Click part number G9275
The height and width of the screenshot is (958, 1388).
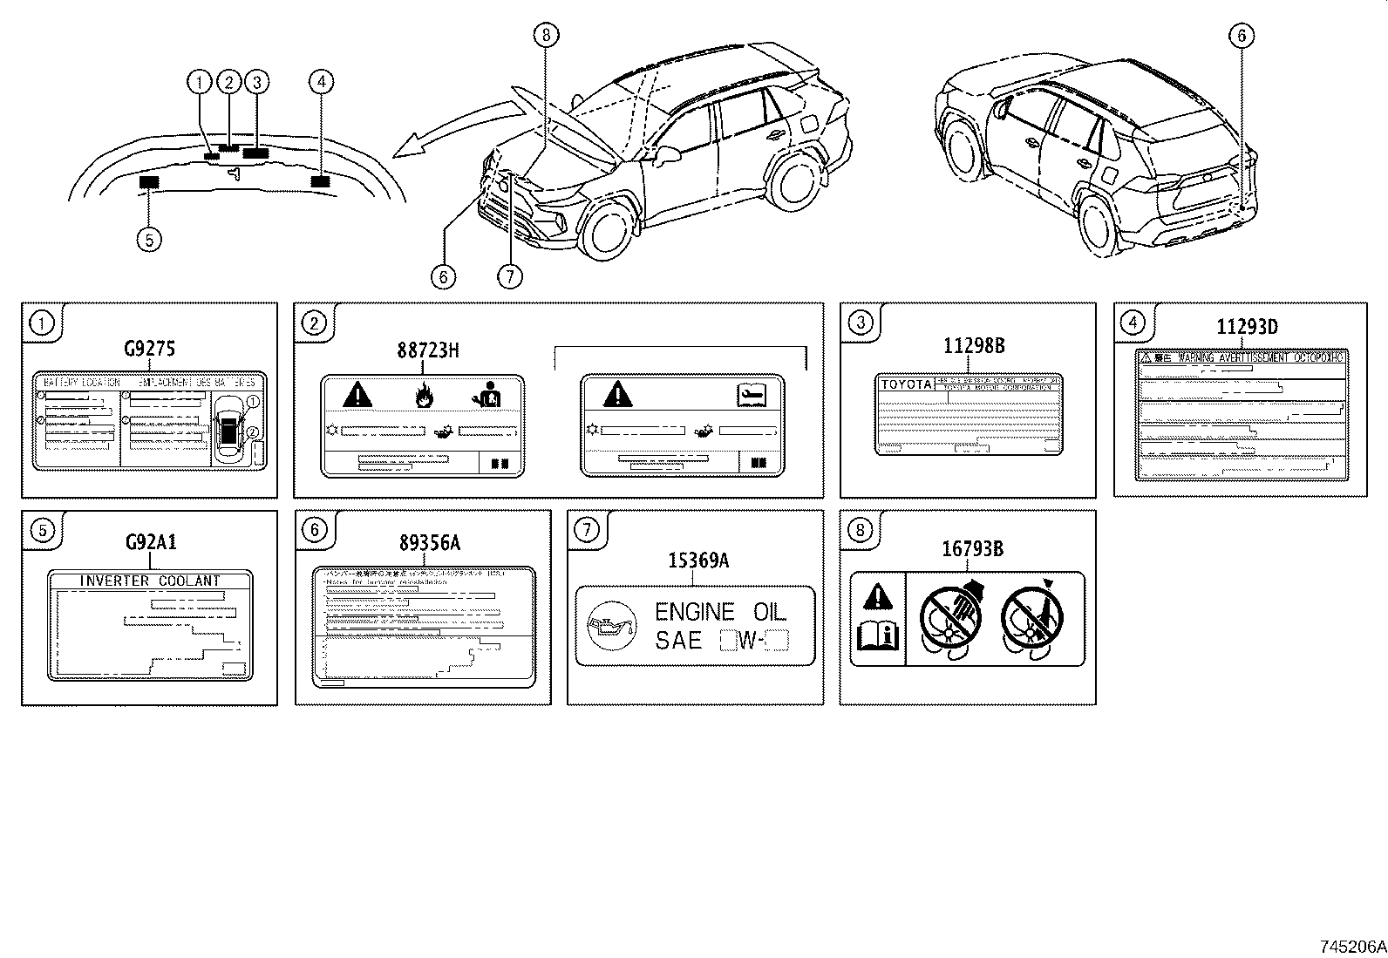click(149, 350)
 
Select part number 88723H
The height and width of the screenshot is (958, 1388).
click(427, 350)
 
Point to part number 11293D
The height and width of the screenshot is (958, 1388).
click(1247, 328)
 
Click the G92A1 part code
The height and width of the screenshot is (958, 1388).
click(150, 542)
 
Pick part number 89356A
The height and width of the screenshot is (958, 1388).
click(429, 543)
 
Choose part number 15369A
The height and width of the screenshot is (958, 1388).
click(697, 561)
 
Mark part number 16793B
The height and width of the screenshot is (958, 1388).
click(971, 549)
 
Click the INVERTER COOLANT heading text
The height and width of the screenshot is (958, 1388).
click(150, 581)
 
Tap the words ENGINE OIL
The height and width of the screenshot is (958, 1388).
click(720, 611)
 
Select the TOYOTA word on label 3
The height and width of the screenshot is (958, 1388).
click(906, 384)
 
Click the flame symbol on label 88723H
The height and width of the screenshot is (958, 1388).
click(424, 397)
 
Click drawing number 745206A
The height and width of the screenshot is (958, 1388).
click(1351, 947)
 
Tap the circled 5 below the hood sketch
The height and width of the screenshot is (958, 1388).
click(149, 239)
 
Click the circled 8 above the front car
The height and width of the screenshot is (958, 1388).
click(546, 35)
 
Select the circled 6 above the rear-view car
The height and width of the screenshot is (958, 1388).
click(1241, 36)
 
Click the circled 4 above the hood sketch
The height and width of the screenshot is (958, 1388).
click(321, 82)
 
